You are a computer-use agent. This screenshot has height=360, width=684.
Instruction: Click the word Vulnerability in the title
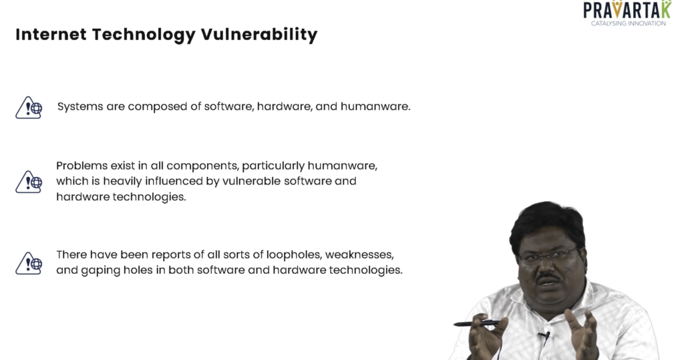pos(259,35)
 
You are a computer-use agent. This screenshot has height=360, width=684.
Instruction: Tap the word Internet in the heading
pos(51,35)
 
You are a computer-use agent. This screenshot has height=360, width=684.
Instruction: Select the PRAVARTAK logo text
pos(627,9)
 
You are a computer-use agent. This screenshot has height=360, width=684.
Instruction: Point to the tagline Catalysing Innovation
pos(628,23)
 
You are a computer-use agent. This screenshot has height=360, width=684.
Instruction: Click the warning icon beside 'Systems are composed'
pos(29,108)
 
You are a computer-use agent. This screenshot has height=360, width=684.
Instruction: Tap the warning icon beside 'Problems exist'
pos(29,182)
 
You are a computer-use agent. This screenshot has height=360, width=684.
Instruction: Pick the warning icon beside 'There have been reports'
pos(29,263)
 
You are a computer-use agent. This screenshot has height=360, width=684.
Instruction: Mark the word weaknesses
pos(359,255)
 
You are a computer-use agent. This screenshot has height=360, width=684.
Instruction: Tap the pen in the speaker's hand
pos(477,323)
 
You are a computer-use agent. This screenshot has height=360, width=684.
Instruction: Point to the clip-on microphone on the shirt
pos(544,335)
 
